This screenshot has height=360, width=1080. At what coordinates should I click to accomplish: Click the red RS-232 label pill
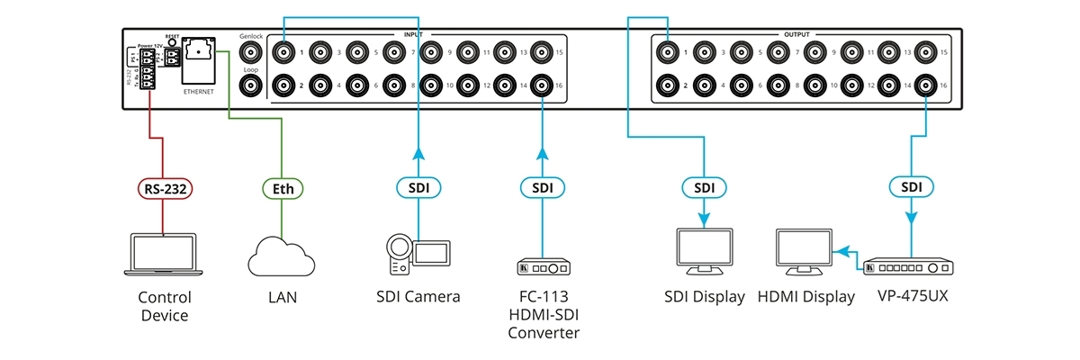click(162, 189)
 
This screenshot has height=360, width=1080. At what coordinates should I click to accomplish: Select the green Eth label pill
click(283, 189)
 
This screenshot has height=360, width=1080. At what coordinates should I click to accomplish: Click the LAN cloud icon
click(282, 256)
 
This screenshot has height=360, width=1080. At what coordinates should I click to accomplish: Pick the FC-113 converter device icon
click(543, 268)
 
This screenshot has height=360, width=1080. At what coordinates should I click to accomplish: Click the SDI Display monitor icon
click(704, 252)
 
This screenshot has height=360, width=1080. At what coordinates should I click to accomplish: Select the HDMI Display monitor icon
click(804, 252)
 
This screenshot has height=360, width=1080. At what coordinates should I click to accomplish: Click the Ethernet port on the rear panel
click(199, 59)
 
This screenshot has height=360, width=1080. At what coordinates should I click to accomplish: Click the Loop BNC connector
click(248, 86)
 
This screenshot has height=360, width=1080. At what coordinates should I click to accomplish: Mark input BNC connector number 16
click(542, 86)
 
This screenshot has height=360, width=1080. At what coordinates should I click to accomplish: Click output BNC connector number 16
click(927, 86)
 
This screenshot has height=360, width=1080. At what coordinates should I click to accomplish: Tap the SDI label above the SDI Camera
click(418, 189)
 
